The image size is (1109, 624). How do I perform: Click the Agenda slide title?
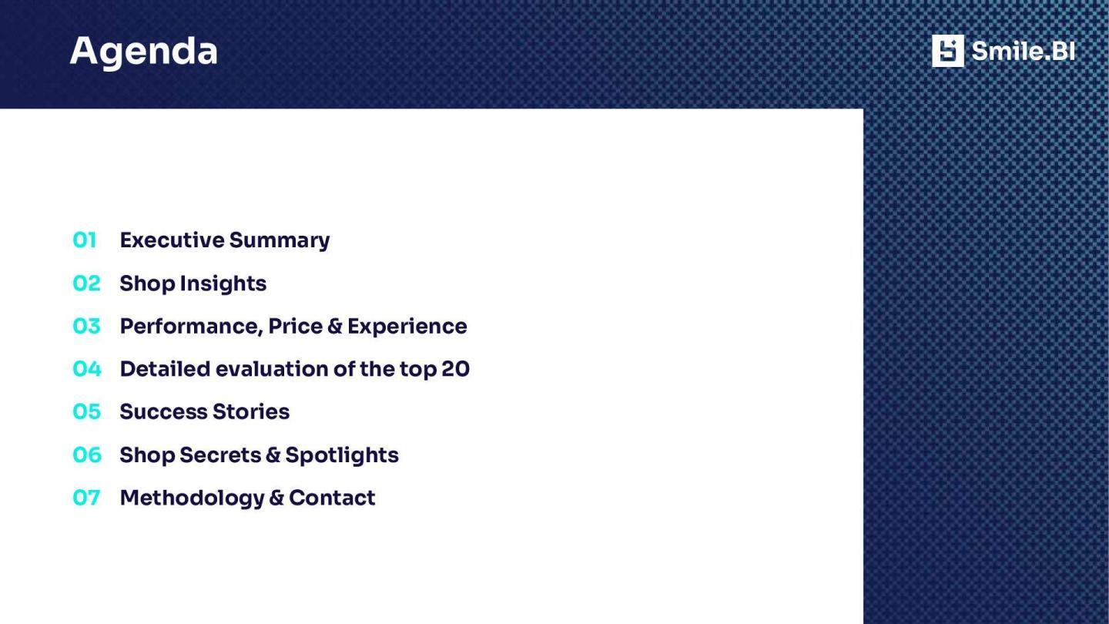click(143, 52)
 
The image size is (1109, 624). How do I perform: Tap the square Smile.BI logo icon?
click(947, 51)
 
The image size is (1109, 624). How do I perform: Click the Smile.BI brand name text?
click(1024, 51)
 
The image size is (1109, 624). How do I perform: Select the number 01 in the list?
click(84, 240)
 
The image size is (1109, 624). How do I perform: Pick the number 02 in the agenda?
click(86, 283)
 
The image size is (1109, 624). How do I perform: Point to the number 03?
click(86, 326)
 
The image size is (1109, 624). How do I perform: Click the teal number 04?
click(87, 369)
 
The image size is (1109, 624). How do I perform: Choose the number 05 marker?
click(86, 411)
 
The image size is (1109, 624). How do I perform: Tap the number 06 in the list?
click(87, 455)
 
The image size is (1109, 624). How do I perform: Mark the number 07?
click(86, 498)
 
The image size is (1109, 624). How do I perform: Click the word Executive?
click(173, 240)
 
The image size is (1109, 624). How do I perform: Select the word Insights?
click(223, 283)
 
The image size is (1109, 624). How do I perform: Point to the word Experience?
click(407, 327)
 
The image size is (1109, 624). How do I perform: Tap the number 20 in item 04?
click(455, 370)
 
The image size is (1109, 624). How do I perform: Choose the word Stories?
click(251, 412)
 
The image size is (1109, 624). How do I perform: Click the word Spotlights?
click(342, 455)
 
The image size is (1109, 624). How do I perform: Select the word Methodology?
click(192, 498)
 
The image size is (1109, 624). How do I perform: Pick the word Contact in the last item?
click(332, 498)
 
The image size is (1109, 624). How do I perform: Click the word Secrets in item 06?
click(220, 455)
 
